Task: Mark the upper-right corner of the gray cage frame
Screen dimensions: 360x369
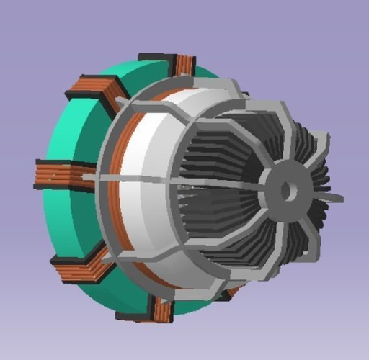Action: [292, 115]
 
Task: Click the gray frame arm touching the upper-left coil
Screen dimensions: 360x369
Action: [119, 108]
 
